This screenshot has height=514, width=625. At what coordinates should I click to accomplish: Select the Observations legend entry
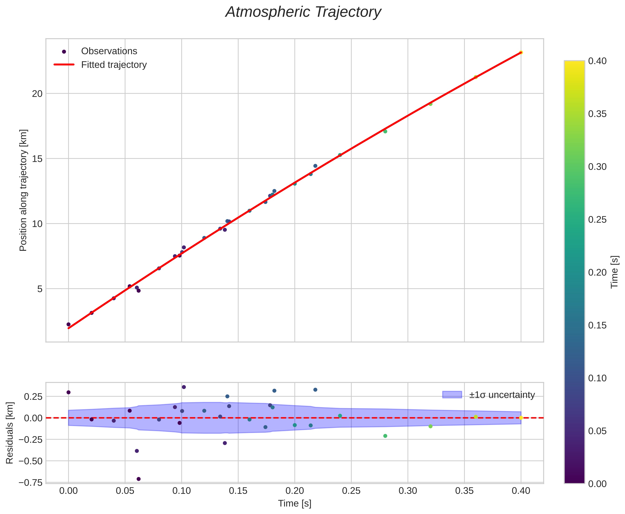tap(109, 51)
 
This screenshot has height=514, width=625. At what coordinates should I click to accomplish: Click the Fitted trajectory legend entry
tap(114, 65)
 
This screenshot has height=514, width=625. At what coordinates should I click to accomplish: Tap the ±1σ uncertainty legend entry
tap(502, 395)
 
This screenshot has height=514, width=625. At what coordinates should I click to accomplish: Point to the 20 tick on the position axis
tap(37, 94)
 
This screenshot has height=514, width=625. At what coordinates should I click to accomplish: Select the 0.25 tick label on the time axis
tap(351, 491)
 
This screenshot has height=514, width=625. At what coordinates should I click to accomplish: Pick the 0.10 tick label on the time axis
tap(181, 491)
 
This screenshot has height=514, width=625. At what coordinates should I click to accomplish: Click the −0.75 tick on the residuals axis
tap(30, 483)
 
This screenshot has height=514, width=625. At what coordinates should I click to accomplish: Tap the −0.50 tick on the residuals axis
tap(30, 461)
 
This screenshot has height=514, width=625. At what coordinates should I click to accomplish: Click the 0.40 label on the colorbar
tap(597, 61)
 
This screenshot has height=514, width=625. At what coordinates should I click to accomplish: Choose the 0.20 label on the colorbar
tap(597, 272)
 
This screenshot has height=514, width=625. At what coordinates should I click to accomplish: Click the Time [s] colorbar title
tap(615, 272)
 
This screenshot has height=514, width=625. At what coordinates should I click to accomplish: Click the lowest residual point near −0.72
tap(138, 479)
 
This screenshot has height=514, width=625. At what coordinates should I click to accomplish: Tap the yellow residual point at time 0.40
tap(521, 418)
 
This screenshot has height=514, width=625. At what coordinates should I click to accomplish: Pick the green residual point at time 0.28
tap(385, 436)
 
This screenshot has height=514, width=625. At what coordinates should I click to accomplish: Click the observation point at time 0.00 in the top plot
tap(68, 324)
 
